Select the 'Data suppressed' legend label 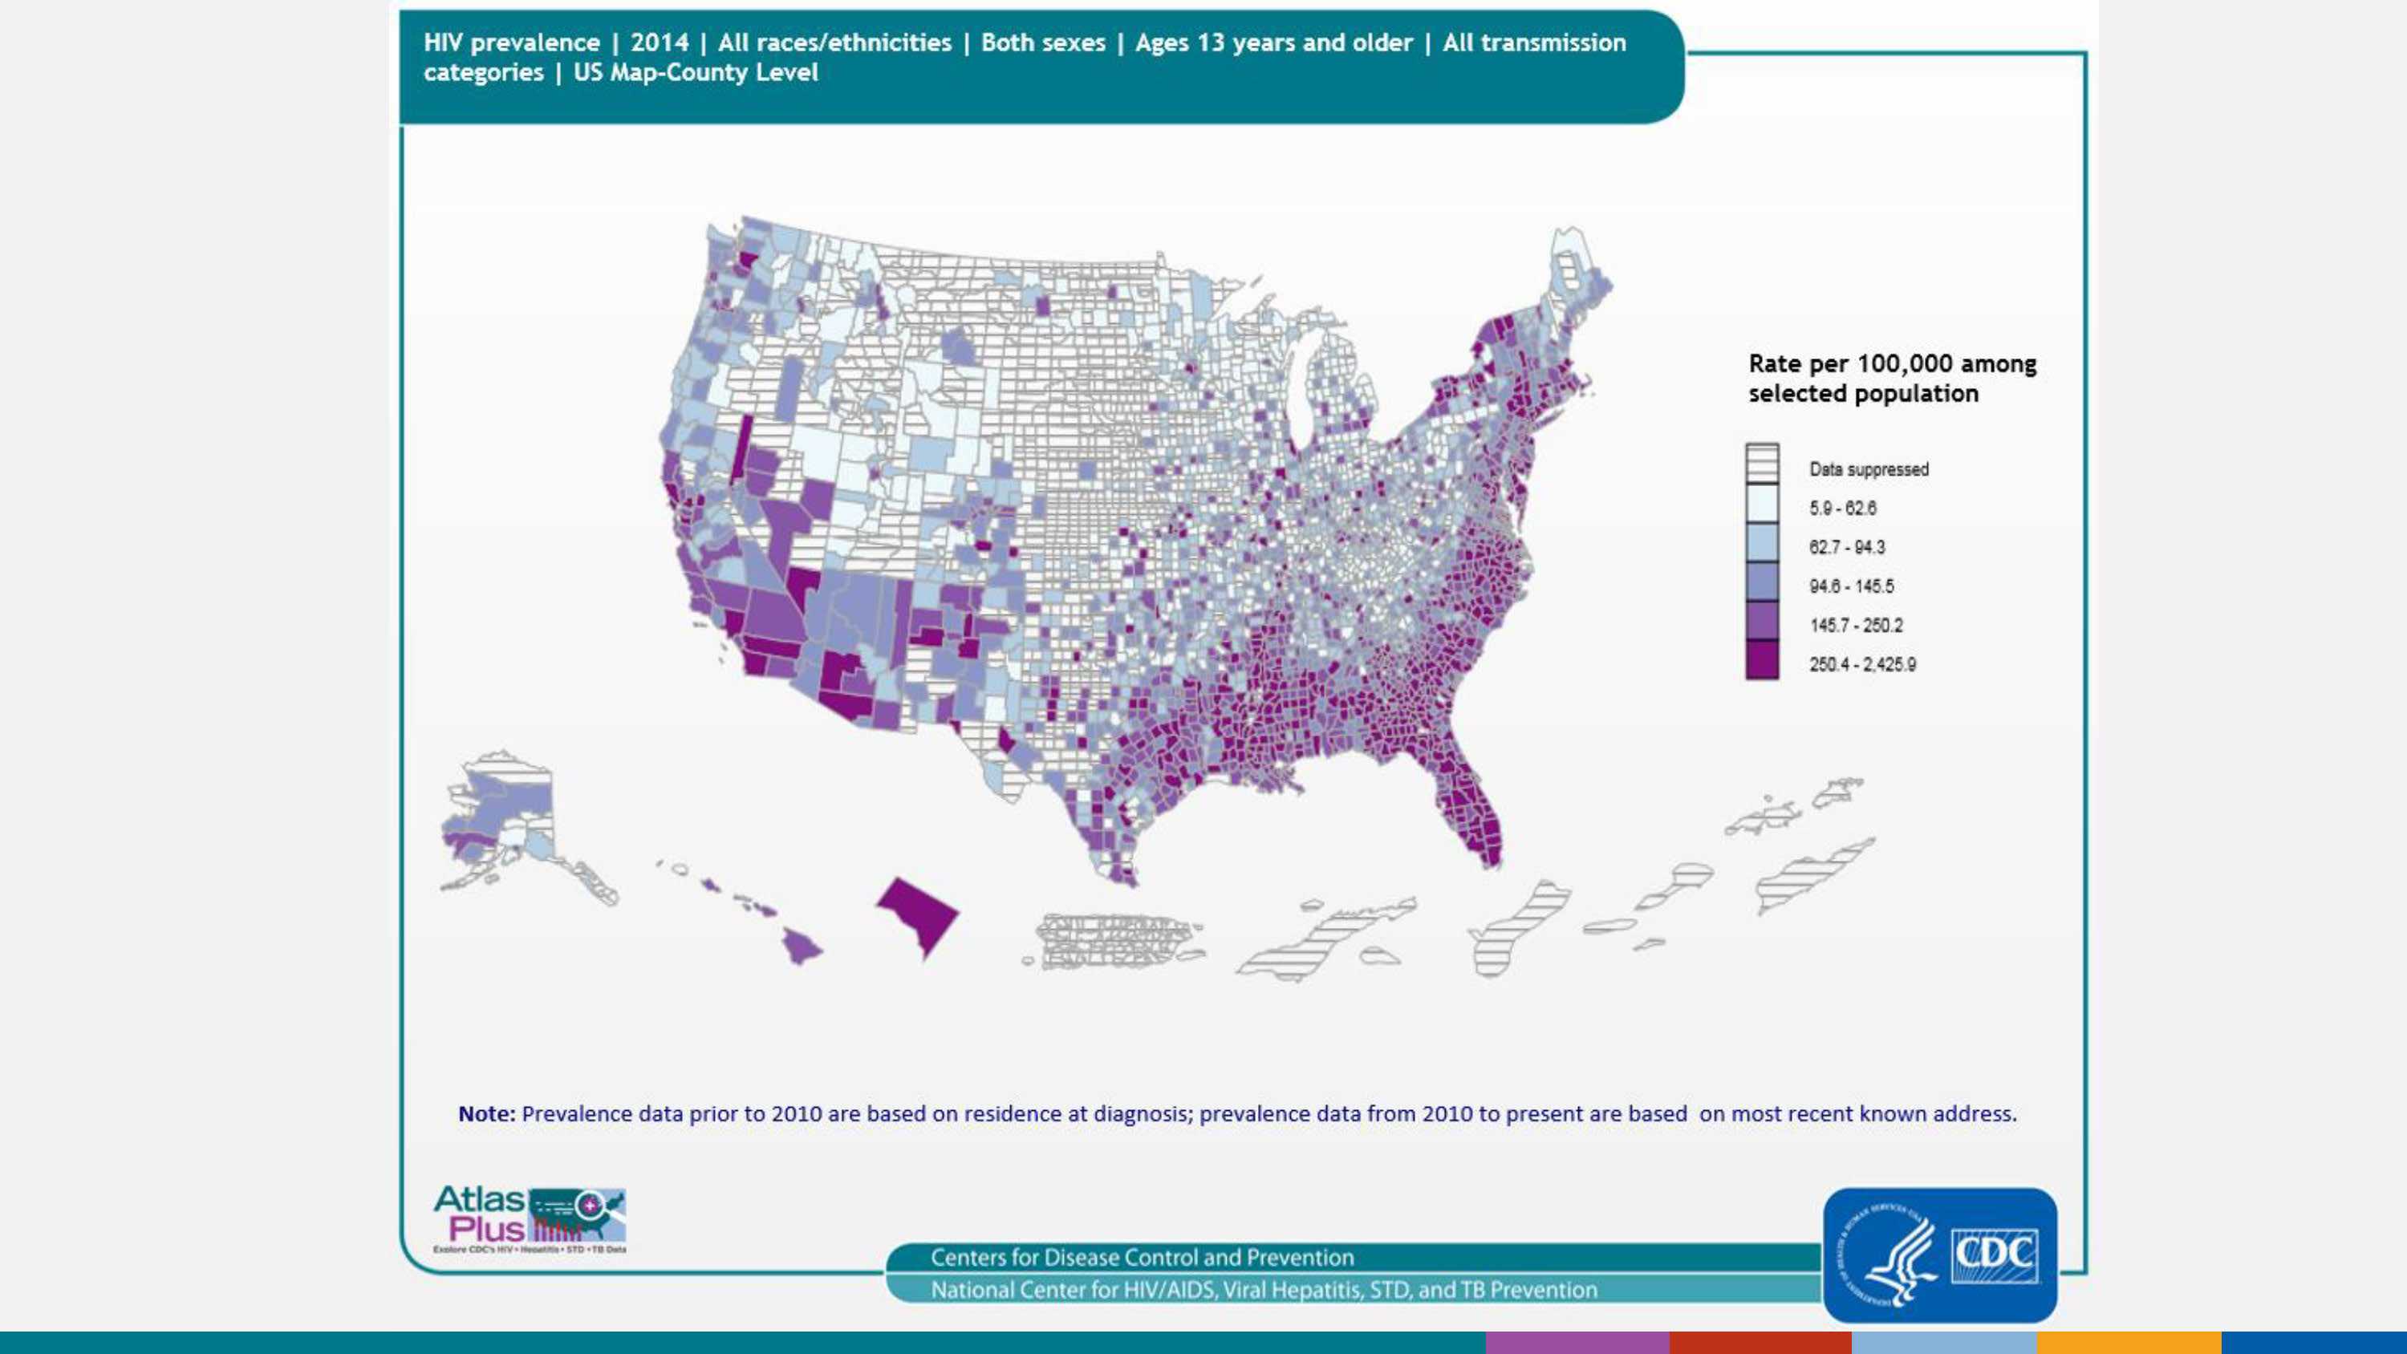tap(1868, 469)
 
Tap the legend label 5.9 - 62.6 tap(1841, 509)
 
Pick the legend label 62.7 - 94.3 tap(1846, 548)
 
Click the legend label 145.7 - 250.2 tap(1855, 625)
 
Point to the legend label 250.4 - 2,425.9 tap(1861, 664)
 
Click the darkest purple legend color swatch tap(1761, 659)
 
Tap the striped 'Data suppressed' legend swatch tap(1761, 463)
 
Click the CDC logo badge tap(1939, 1254)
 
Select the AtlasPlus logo tap(529, 1218)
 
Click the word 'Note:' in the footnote tap(486, 1114)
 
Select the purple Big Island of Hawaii tap(801, 946)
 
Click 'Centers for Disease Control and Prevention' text tap(1142, 1258)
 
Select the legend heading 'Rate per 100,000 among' tap(1891, 363)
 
